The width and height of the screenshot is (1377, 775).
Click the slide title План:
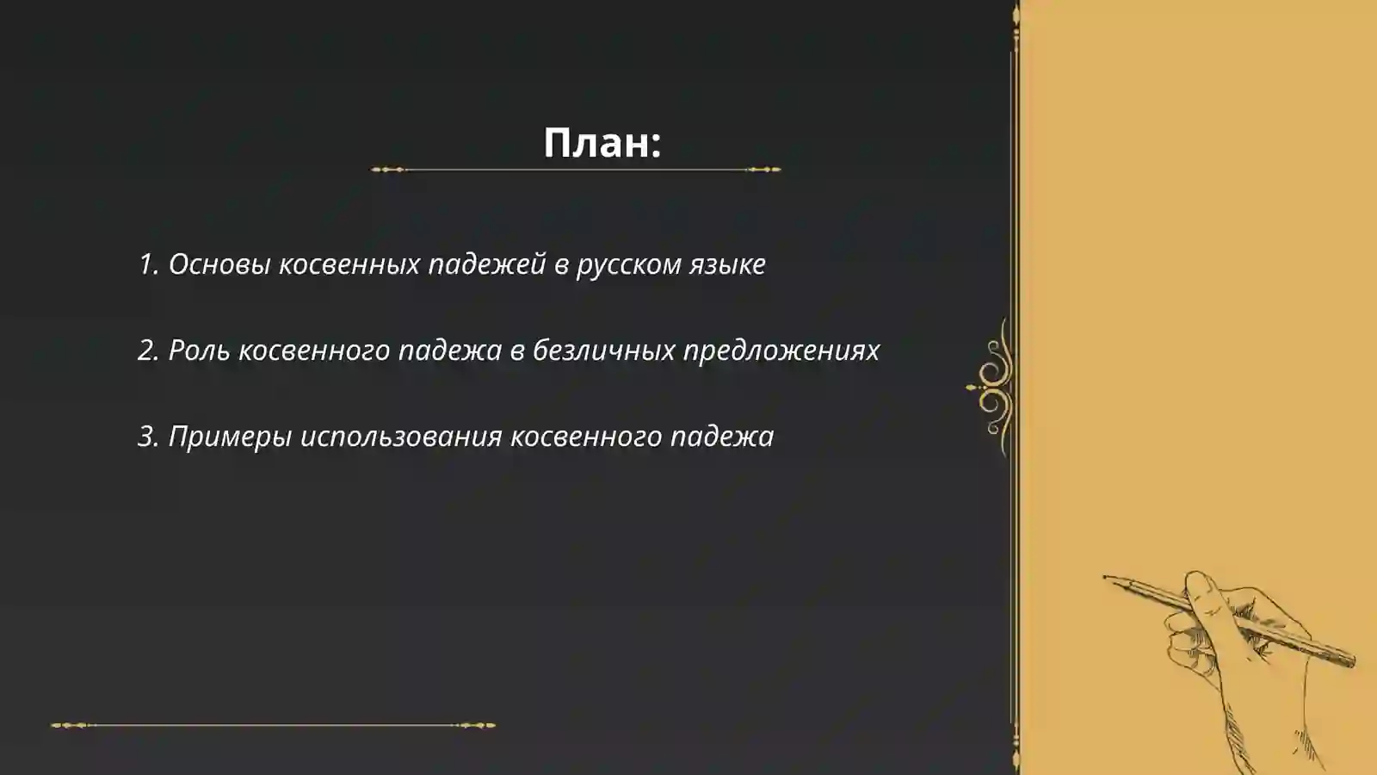point(602,143)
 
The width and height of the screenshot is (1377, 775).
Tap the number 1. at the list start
point(149,264)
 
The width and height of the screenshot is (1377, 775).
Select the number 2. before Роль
point(149,350)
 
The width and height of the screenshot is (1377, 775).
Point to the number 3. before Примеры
point(149,437)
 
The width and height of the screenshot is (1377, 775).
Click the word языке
point(727,264)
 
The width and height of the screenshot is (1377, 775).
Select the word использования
point(400,437)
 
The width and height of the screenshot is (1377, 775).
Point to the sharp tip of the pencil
point(1106,577)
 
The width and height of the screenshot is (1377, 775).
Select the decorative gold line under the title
point(576,170)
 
